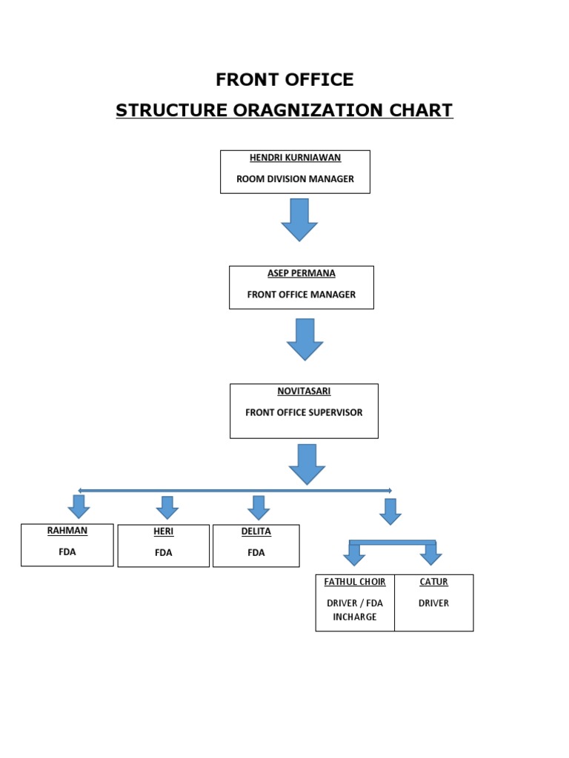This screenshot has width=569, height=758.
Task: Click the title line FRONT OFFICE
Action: [284, 79]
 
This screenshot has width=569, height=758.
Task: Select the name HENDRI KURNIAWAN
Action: [294, 158]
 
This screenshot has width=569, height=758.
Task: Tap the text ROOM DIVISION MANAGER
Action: [294, 178]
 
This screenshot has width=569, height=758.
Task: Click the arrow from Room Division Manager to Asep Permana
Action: [299, 219]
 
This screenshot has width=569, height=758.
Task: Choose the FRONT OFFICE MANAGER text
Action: [301, 294]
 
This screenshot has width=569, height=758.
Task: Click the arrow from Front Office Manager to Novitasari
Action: [305, 339]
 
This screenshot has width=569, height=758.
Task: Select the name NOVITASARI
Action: [304, 391]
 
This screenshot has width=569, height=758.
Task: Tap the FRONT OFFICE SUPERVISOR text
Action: [304, 412]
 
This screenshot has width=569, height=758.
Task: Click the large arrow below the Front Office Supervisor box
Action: [307, 464]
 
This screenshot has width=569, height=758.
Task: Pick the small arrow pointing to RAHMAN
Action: [79, 507]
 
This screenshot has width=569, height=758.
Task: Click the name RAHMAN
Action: [67, 531]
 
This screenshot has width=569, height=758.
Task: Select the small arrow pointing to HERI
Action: [167, 507]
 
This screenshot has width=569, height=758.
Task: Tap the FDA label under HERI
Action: [163, 552]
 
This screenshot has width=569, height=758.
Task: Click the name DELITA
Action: [256, 531]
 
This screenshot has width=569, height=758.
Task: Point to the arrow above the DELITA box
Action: [258, 507]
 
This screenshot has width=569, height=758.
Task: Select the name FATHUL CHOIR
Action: [355, 582]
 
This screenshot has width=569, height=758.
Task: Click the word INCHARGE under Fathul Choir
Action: [355, 617]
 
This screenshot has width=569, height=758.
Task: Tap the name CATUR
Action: [433, 582]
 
